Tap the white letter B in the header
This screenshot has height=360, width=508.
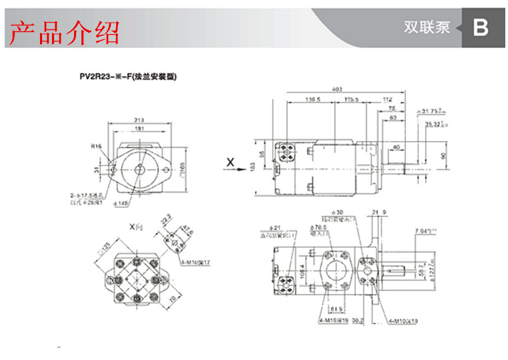[x=481, y=28]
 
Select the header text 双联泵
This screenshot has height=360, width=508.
[x=427, y=28]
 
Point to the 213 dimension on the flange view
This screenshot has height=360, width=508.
[x=139, y=120]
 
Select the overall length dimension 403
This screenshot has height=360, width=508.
[x=337, y=89]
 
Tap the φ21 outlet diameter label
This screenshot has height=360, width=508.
[x=274, y=227]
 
